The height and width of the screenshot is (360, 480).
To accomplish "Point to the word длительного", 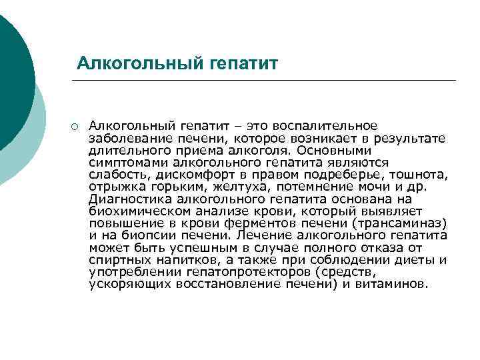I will pos(126,150).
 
